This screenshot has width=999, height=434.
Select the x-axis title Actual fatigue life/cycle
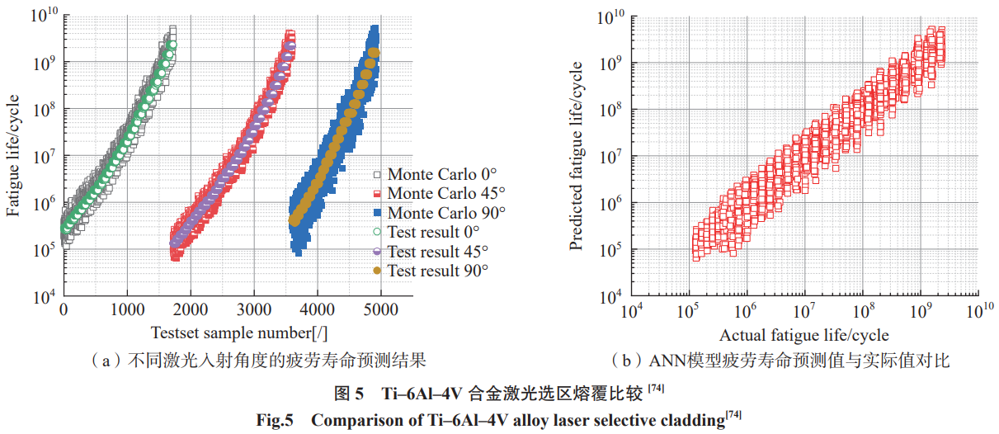coord(804,335)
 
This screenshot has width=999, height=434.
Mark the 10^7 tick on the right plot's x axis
coord(804,310)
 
